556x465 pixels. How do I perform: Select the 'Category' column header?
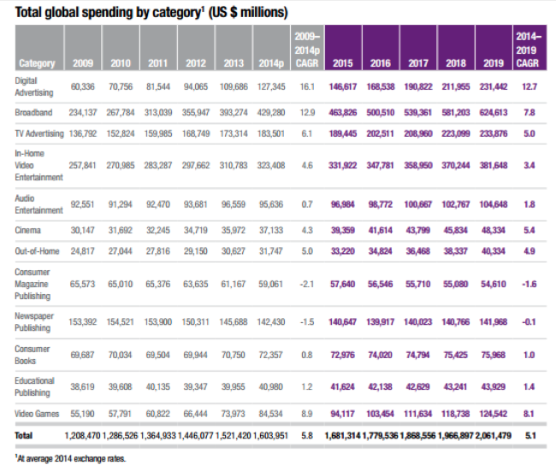tap(37, 63)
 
